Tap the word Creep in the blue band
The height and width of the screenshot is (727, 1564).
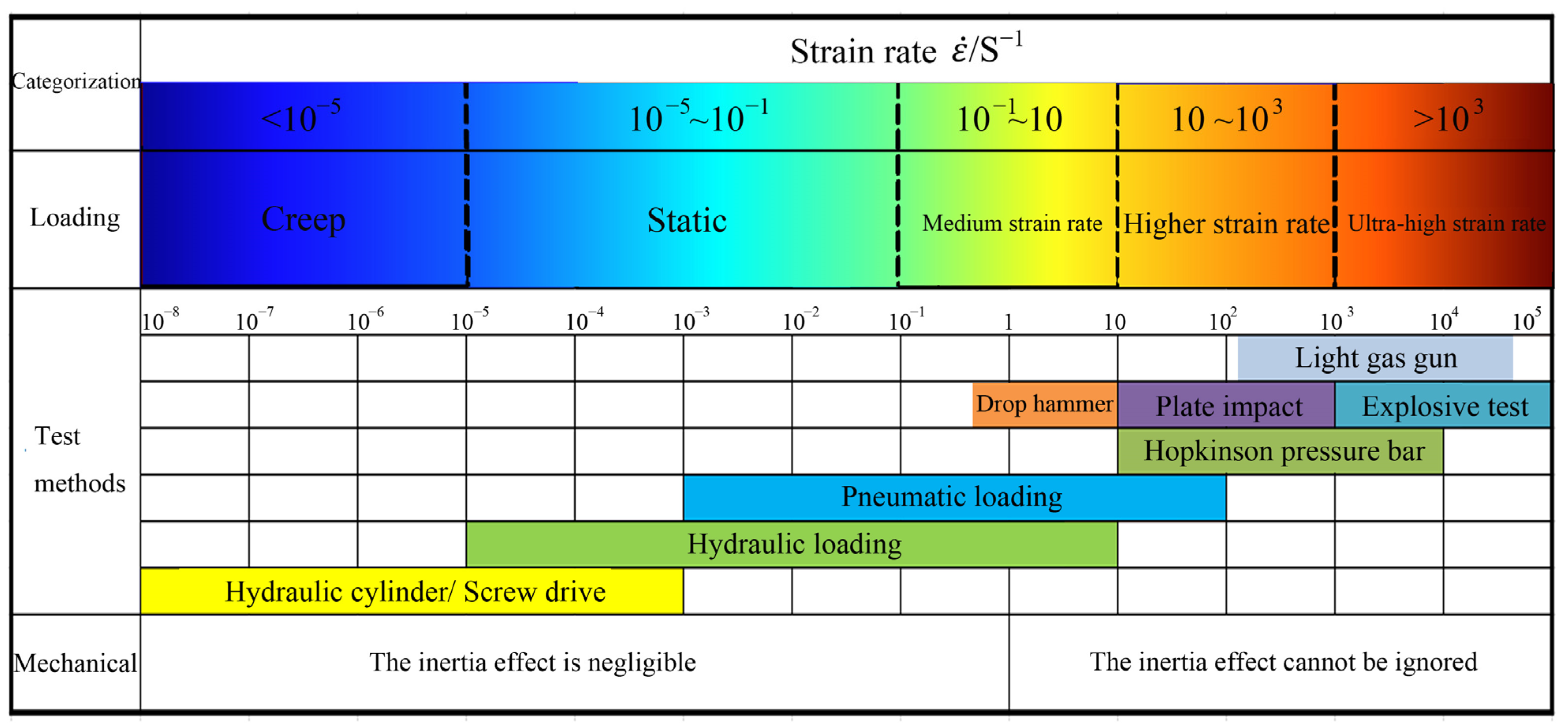coord(303,219)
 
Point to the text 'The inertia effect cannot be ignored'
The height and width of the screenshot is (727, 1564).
coord(1283,662)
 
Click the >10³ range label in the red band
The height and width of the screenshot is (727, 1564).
coord(1448,117)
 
